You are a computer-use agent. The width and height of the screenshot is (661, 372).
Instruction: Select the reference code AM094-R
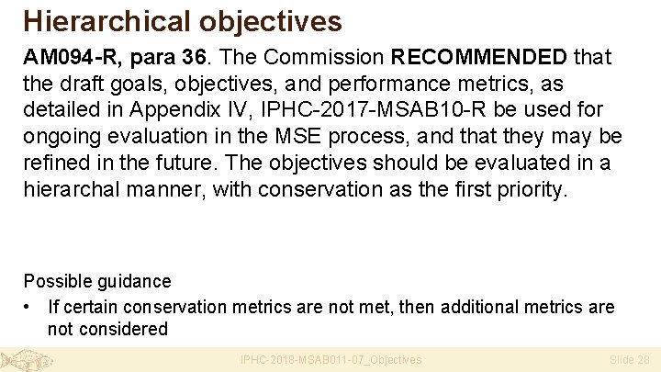(x=72, y=57)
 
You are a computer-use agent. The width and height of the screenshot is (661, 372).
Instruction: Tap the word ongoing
(x=62, y=137)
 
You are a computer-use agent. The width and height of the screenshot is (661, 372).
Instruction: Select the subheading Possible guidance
(x=97, y=281)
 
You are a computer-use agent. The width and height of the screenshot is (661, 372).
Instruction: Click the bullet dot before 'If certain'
(x=31, y=307)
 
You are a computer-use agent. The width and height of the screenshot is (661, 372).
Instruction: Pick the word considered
(x=123, y=329)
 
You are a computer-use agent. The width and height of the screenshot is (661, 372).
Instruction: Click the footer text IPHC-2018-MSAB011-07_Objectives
(x=330, y=360)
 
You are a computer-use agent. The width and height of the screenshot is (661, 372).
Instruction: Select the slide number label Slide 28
(x=630, y=360)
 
